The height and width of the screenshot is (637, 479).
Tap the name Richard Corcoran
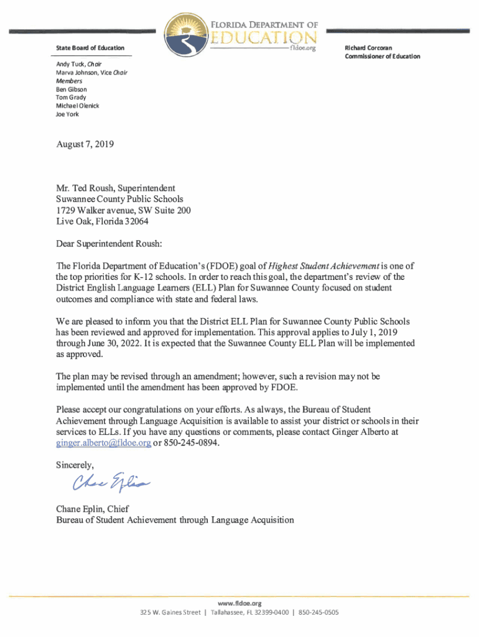pos(369,48)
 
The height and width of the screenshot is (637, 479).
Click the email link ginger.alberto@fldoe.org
pos(103,443)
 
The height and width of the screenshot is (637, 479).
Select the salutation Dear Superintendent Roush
pos(109,244)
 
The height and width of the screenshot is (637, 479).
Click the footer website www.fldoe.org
pos(240,603)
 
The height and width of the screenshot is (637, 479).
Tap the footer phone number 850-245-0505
pos(319,613)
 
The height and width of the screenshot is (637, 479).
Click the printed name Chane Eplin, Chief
pos(92,509)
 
